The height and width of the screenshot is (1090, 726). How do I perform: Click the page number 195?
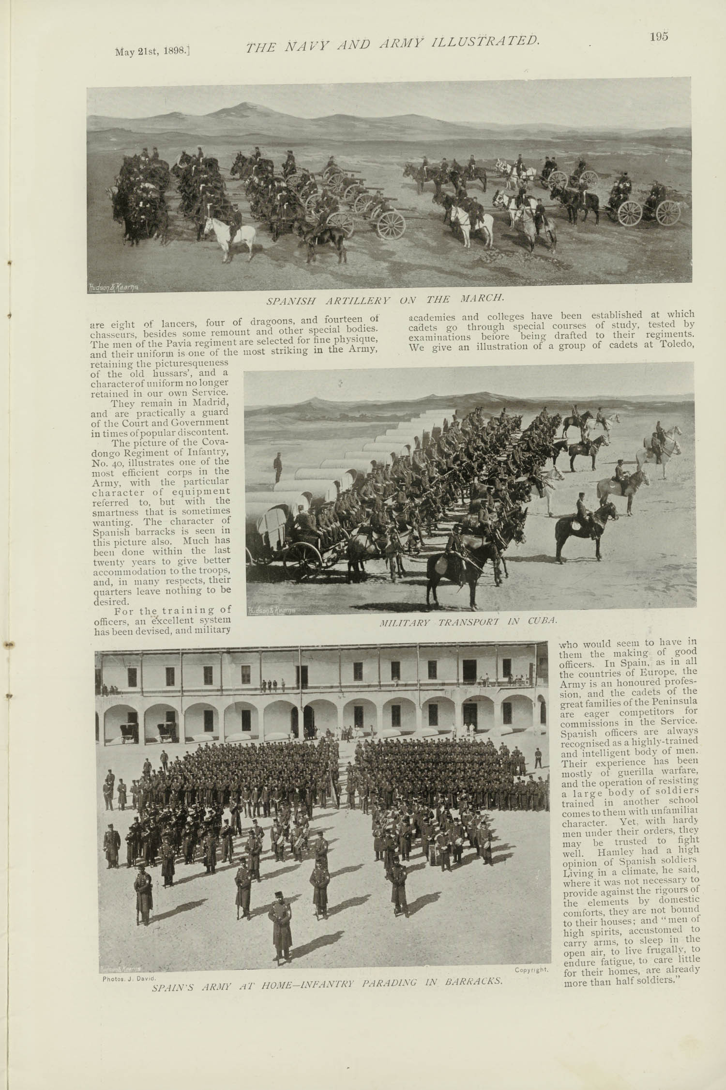pos(659,37)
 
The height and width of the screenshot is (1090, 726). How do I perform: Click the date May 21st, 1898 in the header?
pos(152,52)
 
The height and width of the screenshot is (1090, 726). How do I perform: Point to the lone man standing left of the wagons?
pos(278,467)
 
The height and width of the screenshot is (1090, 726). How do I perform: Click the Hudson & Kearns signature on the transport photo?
pos(271,611)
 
